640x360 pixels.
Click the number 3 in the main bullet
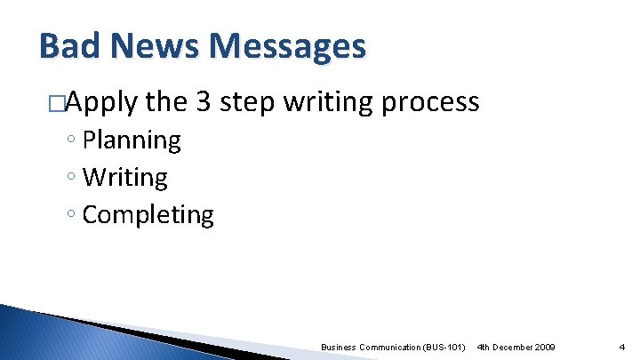pyautogui.click(x=203, y=102)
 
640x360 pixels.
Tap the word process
pyautogui.click(x=430, y=103)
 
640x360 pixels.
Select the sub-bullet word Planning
pyautogui.click(x=132, y=140)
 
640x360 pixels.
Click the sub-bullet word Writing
pyautogui.click(x=124, y=178)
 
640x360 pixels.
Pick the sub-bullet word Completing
pyautogui.click(x=148, y=215)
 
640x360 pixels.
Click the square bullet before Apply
pyautogui.click(x=57, y=104)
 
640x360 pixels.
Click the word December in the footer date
pyautogui.click(x=515, y=346)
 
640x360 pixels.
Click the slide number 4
pyautogui.click(x=621, y=346)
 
